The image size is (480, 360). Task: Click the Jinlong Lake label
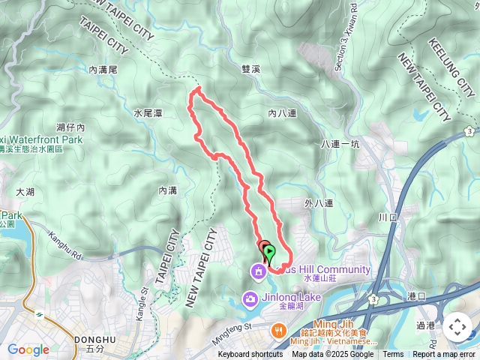291,298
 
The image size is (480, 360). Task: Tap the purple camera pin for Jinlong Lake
249,300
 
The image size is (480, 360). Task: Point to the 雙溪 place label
250,69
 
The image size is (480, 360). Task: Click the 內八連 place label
283,113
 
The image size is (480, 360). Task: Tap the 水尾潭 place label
148,113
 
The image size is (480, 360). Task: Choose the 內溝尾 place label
103,70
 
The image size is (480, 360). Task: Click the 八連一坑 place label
340,143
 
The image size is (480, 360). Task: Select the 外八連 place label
319,203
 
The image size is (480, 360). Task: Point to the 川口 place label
387,217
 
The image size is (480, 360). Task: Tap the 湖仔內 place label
70,128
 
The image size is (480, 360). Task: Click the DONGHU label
95,340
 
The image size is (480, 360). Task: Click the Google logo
28,349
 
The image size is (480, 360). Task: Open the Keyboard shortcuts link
250,355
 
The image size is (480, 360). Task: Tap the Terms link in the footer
393,355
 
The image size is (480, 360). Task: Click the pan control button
457,328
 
